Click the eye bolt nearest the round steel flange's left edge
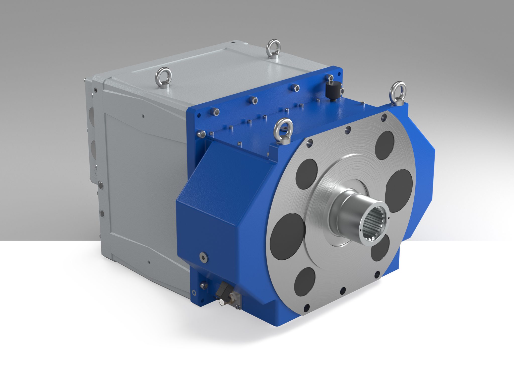coord(283,131)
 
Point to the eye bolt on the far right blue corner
coord(398,92)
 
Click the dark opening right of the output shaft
coord(398,191)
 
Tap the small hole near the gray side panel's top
coord(143,116)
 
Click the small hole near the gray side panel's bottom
coord(149,262)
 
